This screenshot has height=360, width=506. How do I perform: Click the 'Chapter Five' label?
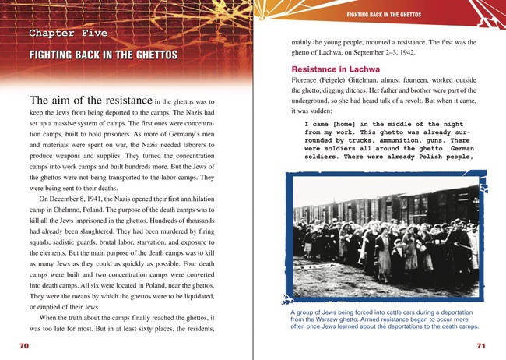(x=68, y=34)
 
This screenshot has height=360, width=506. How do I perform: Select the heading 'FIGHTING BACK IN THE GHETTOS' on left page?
(x=102, y=55)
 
